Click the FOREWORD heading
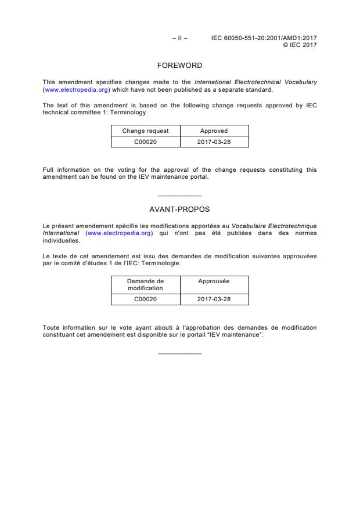pos(179,66)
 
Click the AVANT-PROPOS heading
pos(179,209)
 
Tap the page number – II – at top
pos(179,38)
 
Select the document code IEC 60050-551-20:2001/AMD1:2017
pos(264,38)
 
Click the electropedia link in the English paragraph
pos(76,90)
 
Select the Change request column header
pos(145,131)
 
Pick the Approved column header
pos(214,131)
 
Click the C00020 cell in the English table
pos(145,142)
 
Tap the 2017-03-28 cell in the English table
pos(214,142)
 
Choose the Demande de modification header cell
pos(145,284)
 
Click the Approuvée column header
pos(214,281)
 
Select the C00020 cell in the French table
pos(145,299)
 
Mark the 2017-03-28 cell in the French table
pos(214,299)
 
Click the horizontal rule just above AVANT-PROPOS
pos(179,196)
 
